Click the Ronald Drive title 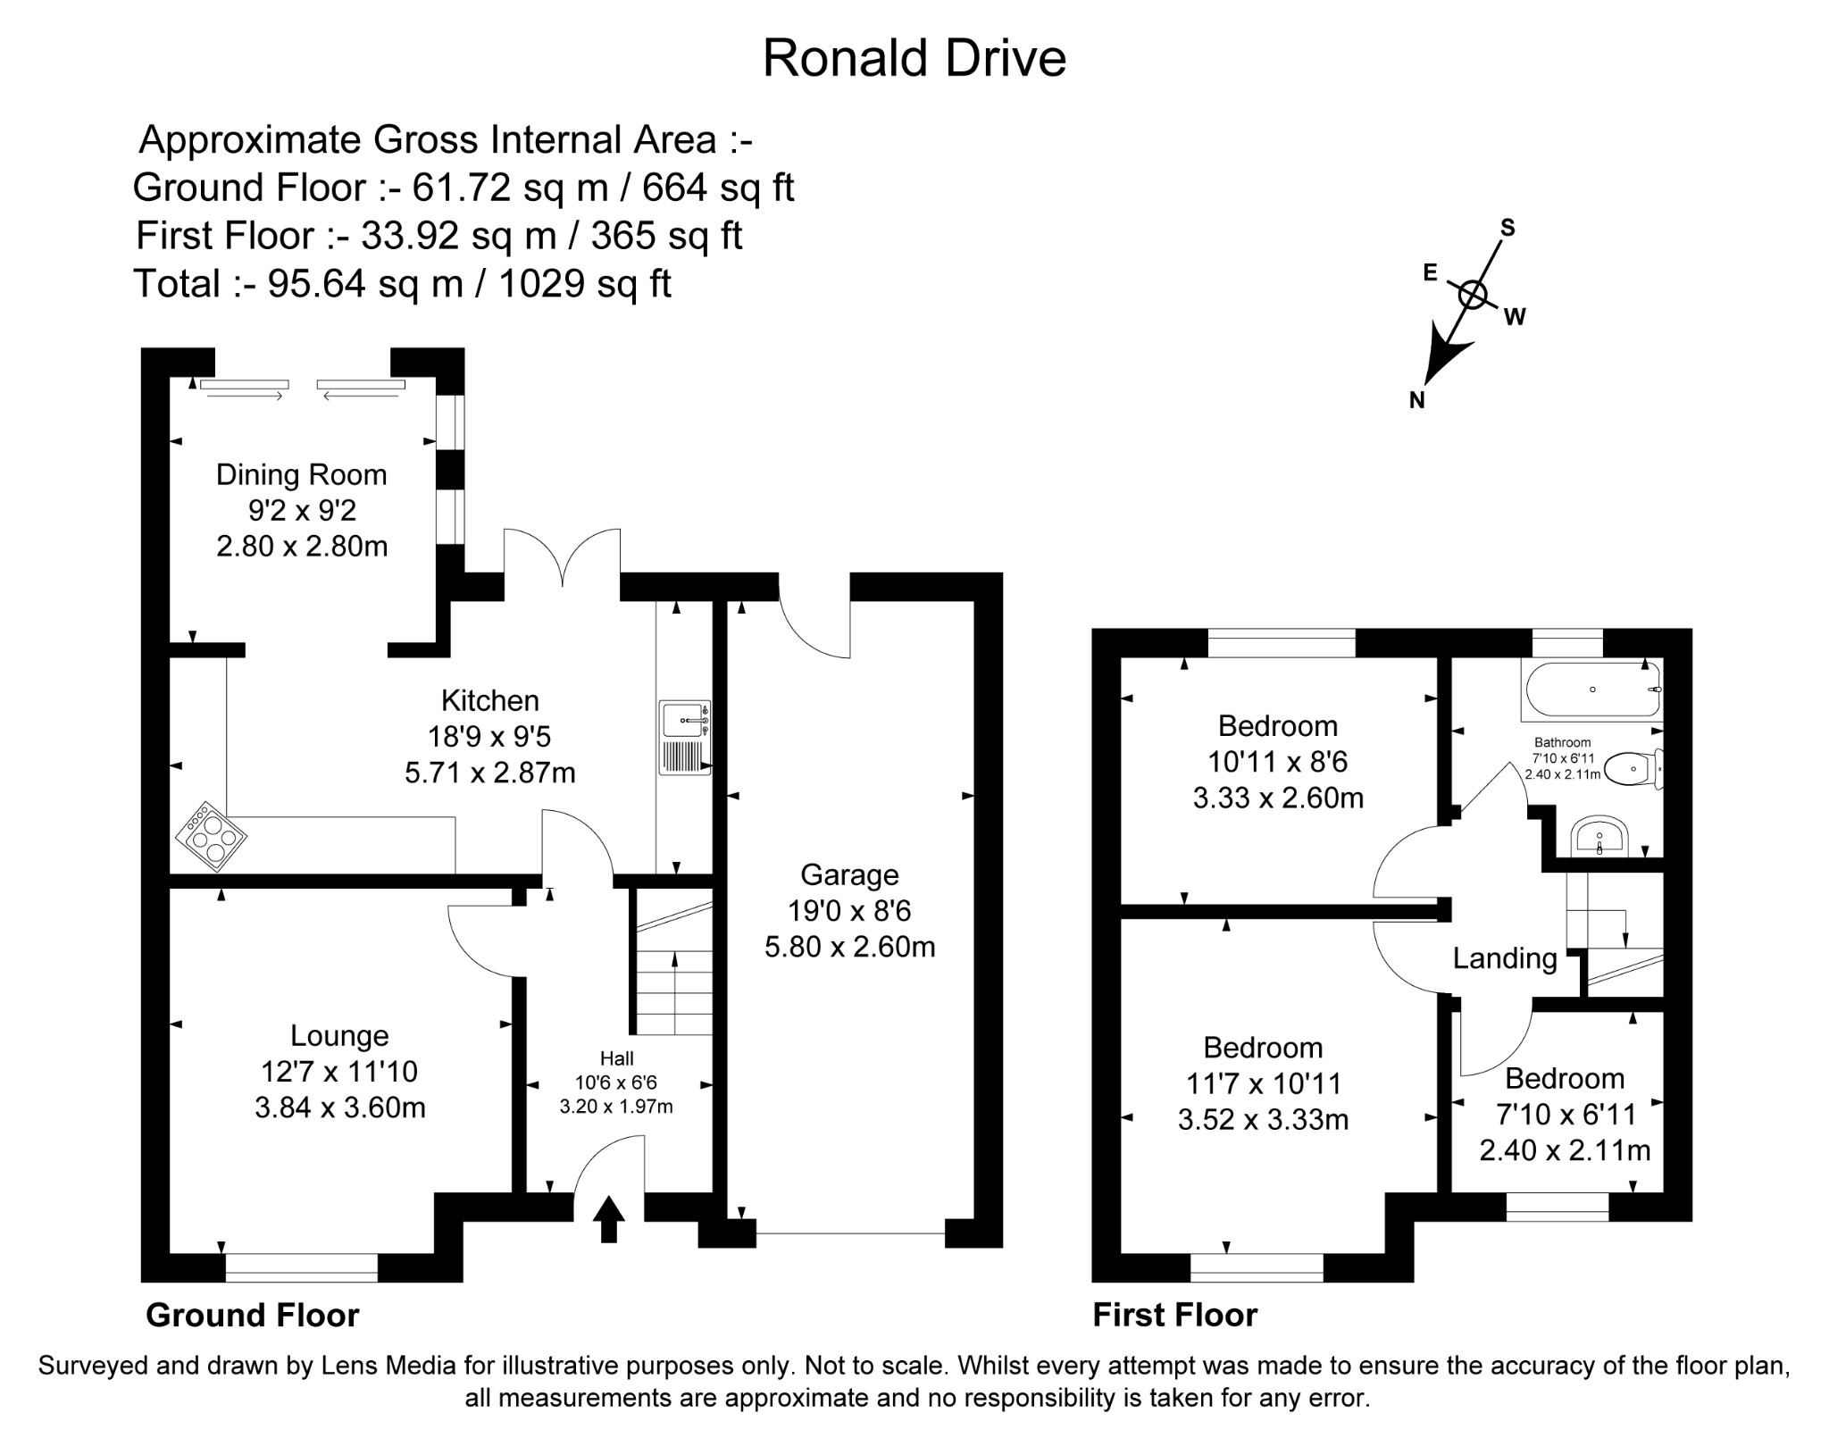(x=914, y=59)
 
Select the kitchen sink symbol (x=685, y=738)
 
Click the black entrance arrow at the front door (x=609, y=1219)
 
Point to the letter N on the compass (x=1416, y=401)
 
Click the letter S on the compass (x=1507, y=228)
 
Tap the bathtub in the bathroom (x=1592, y=690)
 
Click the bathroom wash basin (x=1599, y=836)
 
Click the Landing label (x=1505, y=958)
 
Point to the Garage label (x=849, y=874)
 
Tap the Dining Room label (x=302, y=474)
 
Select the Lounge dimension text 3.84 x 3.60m (x=339, y=1107)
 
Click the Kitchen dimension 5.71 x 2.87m (x=490, y=773)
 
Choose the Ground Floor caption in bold (x=252, y=1315)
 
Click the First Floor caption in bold (x=1174, y=1315)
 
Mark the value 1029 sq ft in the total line (x=584, y=284)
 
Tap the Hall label (x=616, y=1058)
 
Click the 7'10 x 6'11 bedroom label (x=1565, y=1114)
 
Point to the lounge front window (x=301, y=1266)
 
